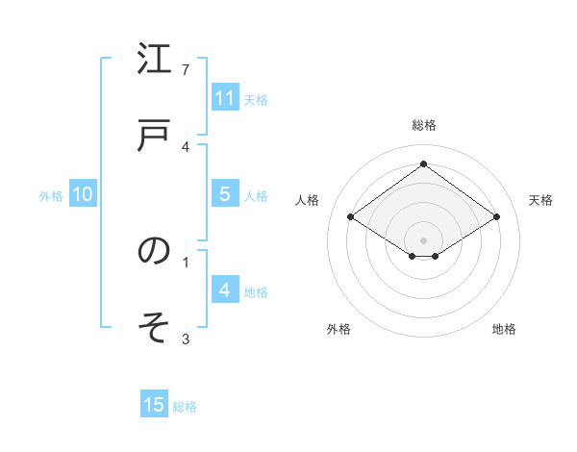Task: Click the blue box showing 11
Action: click(x=225, y=98)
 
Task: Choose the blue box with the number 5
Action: click(x=225, y=194)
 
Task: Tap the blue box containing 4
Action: click(x=225, y=289)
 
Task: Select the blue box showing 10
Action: click(x=83, y=194)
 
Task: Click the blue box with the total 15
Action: click(x=154, y=405)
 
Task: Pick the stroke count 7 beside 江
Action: click(x=186, y=69)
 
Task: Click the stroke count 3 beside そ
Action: click(x=186, y=339)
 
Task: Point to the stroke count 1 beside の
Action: click(x=186, y=261)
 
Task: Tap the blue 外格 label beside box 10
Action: click(x=51, y=196)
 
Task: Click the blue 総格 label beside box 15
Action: click(x=185, y=407)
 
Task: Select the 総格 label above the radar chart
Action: click(x=423, y=125)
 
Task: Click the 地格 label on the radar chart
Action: click(x=504, y=329)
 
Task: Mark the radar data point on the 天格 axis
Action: click(x=496, y=217)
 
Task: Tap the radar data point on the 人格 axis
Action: click(x=351, y=217)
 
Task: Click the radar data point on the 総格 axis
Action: click(x=423, y=163)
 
